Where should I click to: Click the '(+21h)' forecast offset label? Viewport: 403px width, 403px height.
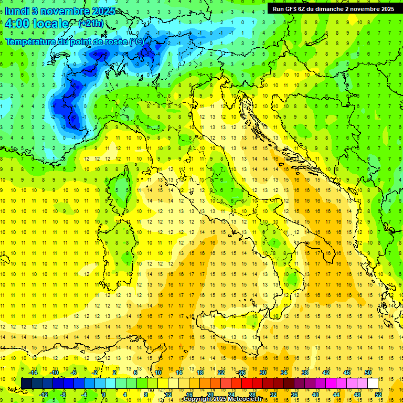click(90, 24)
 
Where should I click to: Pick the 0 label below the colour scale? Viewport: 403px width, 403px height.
click(104, 394)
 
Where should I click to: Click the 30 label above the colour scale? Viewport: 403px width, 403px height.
click(262, 373)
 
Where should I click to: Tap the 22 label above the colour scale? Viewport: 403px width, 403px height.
click(221, 373)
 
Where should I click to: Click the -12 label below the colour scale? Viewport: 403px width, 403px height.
click(44, 394)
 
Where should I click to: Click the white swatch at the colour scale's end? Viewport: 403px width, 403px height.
click(373, 383)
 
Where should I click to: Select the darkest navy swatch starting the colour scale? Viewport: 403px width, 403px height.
click(26, 383)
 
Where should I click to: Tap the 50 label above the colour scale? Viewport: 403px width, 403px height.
click(367, 373)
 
